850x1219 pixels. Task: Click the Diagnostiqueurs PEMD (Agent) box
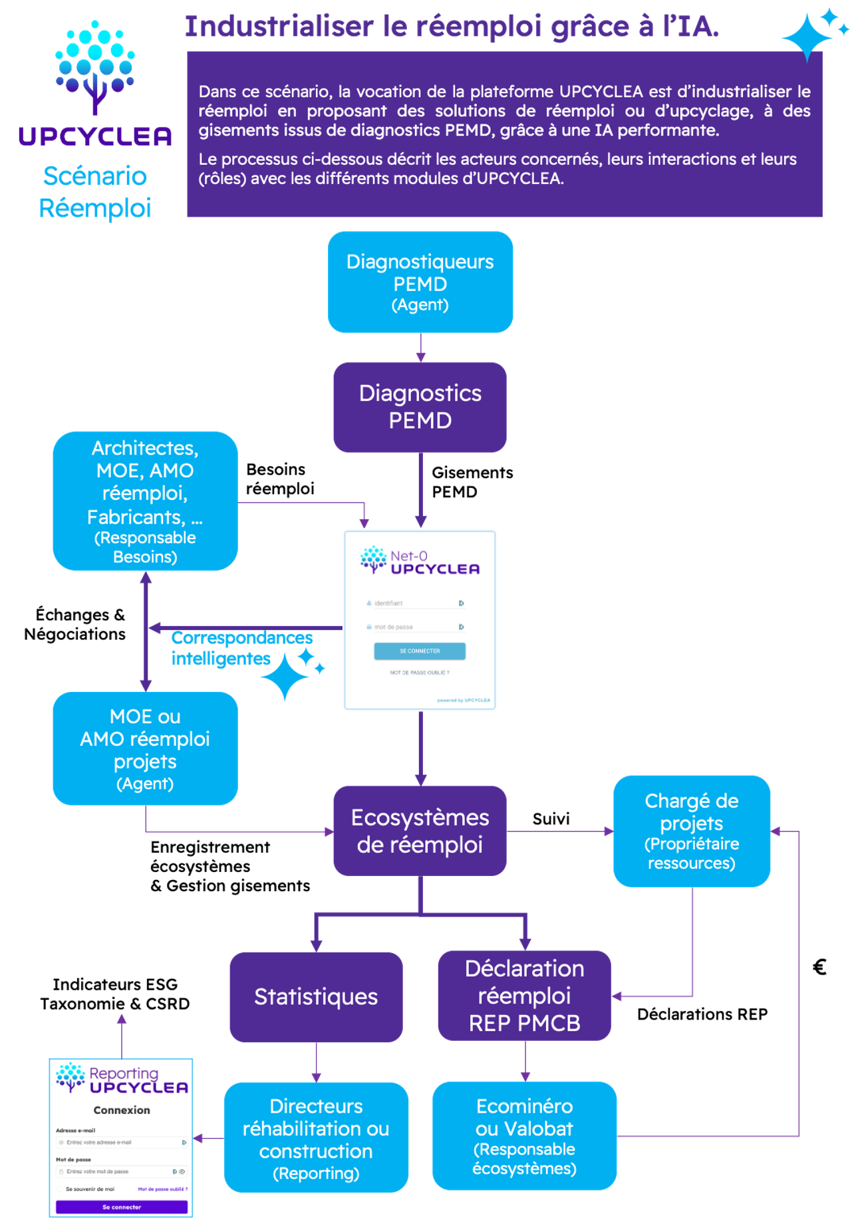pyautogui.click(x=420, y=282)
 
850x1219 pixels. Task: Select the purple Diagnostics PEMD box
pyautogui.click(x=420, y=407)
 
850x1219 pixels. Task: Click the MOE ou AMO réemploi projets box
pyautogui.click(x=145, y=748)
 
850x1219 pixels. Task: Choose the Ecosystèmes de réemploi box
pyautogui.click(x=420, y=831)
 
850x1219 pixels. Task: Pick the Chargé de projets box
pyautogui.click(x=692, y=831)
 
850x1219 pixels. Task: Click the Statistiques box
pyautogui.click(x=316, y=996)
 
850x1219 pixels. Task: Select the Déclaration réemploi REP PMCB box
pyautogui.click(x=524, y=996)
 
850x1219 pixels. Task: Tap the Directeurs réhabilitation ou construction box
pyautogui.click(x=316, y=1138)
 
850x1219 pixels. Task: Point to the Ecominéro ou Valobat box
pyautogui.click(x=524, y=1136)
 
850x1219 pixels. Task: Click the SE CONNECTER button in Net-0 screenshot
pyautogui.click(x=420, y=651)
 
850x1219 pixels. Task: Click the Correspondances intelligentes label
pyautogui.click(x=241, y=648)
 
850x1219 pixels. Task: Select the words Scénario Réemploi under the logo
pyautogui.click(x=95, y=192)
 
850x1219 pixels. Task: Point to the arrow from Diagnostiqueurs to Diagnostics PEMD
pyautogui.click(x=420, y=348)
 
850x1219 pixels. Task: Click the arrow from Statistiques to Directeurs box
pyautogui.click(x=316, y=1062)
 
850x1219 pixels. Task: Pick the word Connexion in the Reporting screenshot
pyautogui.click(x=122, y=1110)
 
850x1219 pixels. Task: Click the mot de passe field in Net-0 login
pyautogui.click(x=412, y=627)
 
